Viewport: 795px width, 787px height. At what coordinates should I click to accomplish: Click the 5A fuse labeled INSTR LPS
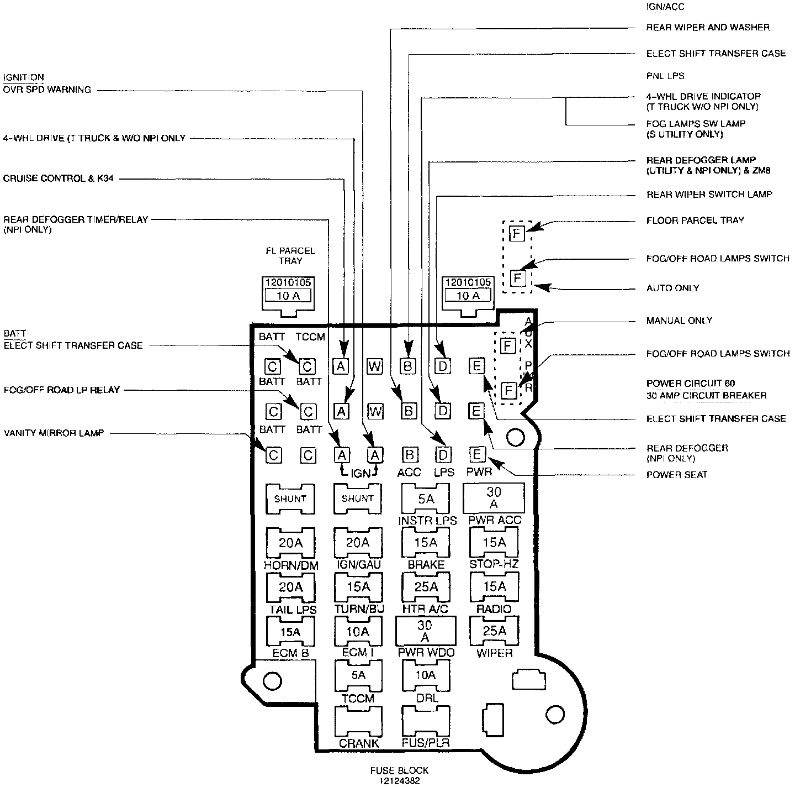[426, 499]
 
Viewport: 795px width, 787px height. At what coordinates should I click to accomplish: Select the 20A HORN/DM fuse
[290, 543]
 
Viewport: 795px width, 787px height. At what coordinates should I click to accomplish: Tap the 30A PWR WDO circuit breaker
[425, 631]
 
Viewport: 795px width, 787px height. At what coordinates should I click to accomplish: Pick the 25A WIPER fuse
[494, 631]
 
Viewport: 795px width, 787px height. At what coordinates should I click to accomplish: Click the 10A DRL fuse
[426, 675]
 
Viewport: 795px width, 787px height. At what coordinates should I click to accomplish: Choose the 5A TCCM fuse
[358, 675]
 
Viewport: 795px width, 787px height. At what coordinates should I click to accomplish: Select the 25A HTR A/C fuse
[426, 587]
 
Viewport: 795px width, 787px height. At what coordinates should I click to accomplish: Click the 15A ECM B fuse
[290, 631]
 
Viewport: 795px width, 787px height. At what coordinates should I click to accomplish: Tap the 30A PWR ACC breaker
[494, 498]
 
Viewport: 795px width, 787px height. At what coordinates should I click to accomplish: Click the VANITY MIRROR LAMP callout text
[54, 433]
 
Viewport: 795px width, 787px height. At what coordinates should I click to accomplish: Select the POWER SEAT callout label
[676, 475]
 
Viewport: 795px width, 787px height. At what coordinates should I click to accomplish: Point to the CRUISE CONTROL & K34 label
[59, 179]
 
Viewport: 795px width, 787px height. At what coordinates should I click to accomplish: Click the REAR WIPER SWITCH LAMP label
[709, 195]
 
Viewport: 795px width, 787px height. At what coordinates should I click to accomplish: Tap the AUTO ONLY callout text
[672, 288]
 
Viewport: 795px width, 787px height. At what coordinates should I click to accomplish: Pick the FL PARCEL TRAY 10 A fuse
[288, 296]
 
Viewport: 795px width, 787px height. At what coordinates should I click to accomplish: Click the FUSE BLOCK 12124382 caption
[399, 775]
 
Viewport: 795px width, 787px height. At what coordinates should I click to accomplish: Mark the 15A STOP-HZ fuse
[494, 543]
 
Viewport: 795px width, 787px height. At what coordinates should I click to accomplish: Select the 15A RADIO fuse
[494, 587]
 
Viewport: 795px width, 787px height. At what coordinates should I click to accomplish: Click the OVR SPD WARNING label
[47, 90]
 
